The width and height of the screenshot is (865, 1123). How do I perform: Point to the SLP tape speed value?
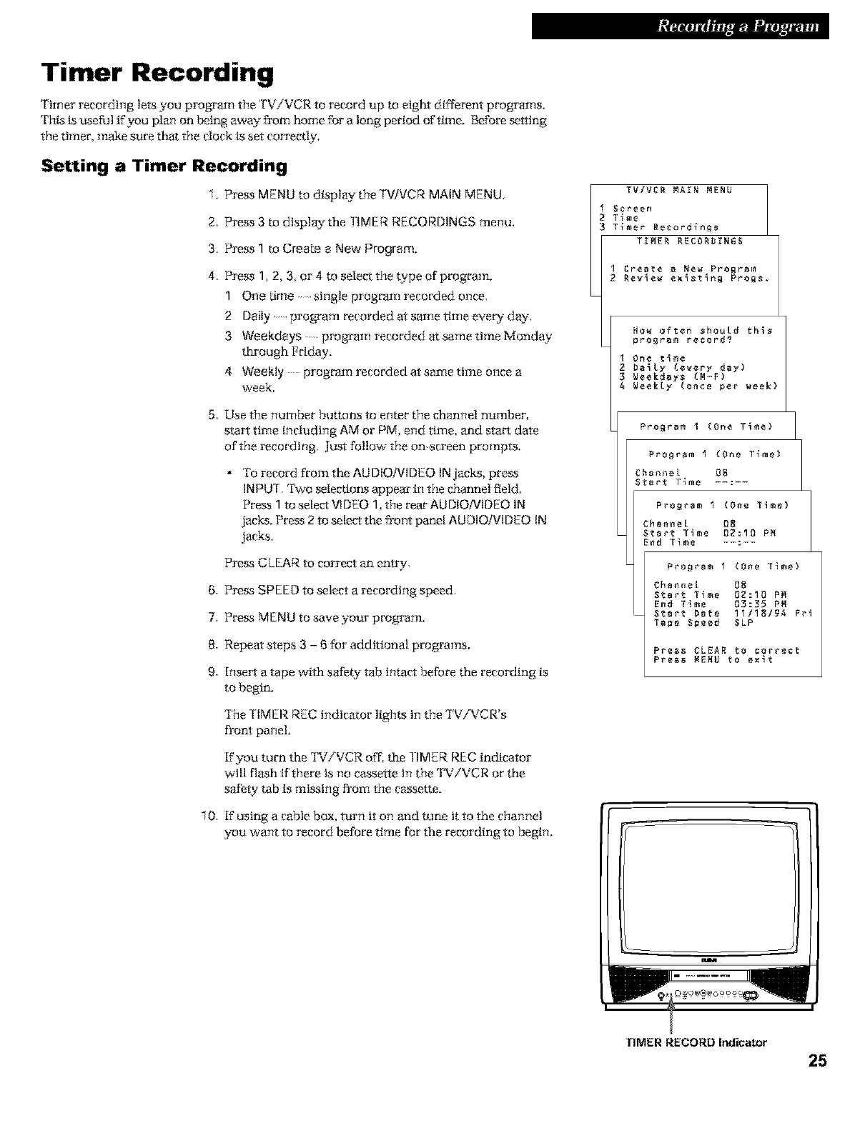pyautogui.click(x=744, y=623)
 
